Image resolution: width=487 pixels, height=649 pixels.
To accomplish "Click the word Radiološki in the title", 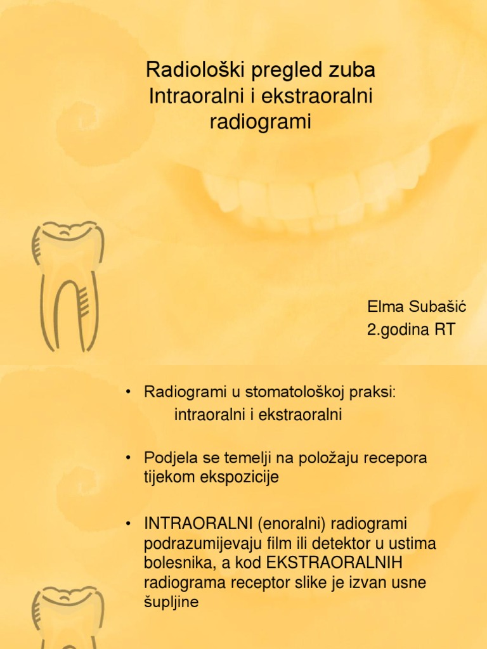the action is [x=197, y=70].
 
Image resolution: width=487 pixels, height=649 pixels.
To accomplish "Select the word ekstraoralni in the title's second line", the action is [x=317, y=96].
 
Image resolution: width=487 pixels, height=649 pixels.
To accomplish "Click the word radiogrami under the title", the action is [x=260, y=122].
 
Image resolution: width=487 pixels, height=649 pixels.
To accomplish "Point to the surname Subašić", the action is [x=438, y=307].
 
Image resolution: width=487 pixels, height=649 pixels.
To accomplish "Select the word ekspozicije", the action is [x=239, y=477].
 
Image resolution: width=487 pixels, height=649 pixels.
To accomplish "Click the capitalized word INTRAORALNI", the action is [x=198, y=524].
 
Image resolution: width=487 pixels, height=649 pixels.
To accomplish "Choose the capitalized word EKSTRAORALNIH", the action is [x=334, y=563].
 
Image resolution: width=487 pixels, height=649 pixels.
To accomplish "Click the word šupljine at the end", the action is [x=171, y=602].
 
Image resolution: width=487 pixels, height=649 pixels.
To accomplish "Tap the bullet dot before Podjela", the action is [x=128, y=458].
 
